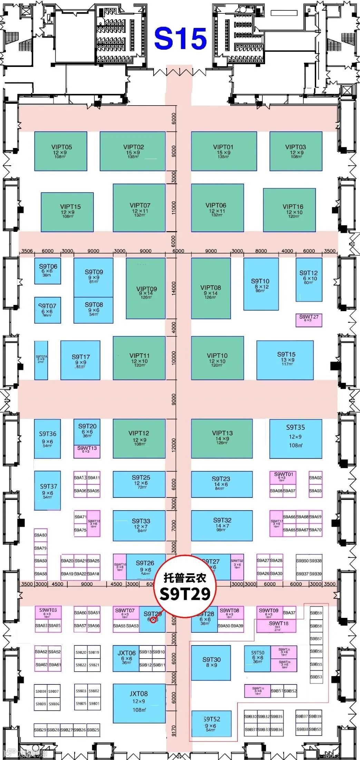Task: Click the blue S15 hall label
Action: [x=180, y=39]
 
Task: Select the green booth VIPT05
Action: [x=61, y=151]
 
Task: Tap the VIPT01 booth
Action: [x=224, y=151]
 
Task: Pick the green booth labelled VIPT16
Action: [x=289, y=210]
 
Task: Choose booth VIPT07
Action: [x=139, y=208]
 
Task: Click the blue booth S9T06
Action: [x=48, y=271]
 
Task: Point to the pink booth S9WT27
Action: [x=309, y=320]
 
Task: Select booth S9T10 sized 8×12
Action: [x=261, y=284]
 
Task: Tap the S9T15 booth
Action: [x=285, y=360]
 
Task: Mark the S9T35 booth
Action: [x=295, y=438]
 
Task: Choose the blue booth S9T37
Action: [x=48, y=490]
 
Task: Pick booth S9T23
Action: [x=222, y=484]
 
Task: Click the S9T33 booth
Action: [x=139, y=525]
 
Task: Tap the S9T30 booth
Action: [x=211, y=663]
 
